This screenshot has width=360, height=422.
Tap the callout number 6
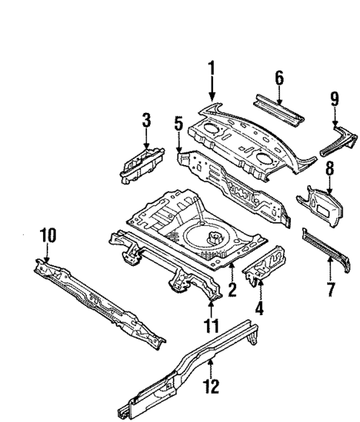coord(279,77)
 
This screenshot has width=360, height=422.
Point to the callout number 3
coord(146,120)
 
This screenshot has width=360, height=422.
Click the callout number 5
coord(178,123)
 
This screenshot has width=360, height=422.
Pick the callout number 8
coord(329,170)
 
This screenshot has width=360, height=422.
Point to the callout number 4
coord(261,306)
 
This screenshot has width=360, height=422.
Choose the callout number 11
coord(211,325)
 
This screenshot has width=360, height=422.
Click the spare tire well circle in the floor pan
coord(212,238)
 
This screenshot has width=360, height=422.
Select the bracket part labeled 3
coord(140,162)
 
